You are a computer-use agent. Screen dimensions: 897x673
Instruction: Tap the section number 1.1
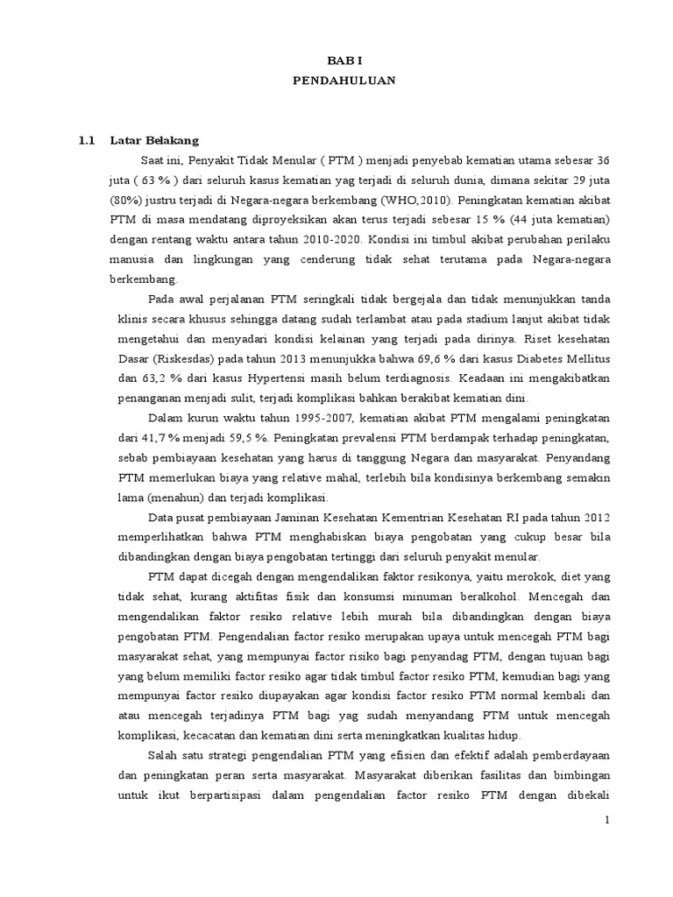point(86,140)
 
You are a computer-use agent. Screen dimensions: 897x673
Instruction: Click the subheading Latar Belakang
point(154,140)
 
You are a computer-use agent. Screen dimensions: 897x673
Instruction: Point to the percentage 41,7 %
point(163,437)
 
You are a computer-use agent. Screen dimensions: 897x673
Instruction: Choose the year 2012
point(592,517)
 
